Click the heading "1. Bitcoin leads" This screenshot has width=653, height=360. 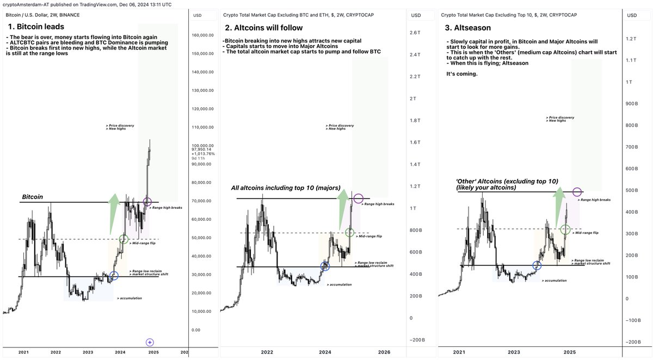coord(36,26)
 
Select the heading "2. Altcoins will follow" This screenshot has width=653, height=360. coord(264,28)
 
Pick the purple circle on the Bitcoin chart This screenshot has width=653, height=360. coord(147,202)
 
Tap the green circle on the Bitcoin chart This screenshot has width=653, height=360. coord(124,239)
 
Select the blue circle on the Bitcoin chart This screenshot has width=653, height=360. coord(114,276)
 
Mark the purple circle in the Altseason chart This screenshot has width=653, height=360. coord(577,192)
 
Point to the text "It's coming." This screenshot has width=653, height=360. coord(461,74)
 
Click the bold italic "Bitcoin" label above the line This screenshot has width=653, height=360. coord(33,197)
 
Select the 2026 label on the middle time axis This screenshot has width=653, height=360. coord(384,352)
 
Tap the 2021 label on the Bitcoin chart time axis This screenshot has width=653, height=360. coord(23,352)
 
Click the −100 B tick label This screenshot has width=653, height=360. coord(633,320)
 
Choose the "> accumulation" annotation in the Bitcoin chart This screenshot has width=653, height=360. coord(130,298)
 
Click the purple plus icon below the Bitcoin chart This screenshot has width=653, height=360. coord(150,342)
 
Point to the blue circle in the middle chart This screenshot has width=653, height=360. coord(325,266)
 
